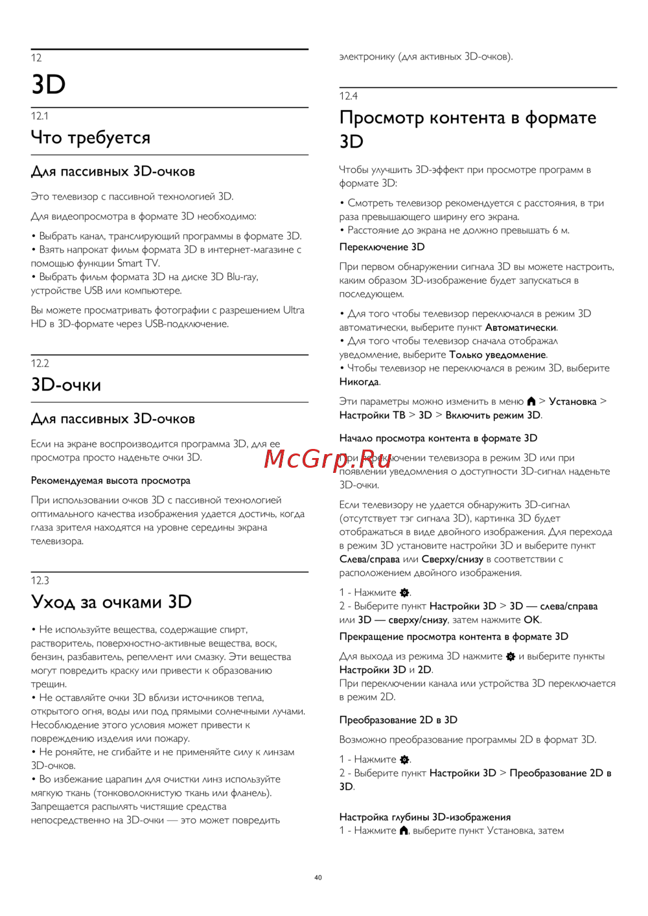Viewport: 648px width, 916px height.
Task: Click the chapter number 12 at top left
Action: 36,58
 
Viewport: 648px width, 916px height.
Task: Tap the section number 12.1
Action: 40,116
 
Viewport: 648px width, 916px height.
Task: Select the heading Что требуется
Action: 91,137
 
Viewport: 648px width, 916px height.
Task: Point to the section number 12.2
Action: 40,363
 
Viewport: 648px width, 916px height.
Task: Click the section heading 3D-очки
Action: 66,385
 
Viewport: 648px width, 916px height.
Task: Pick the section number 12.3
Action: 40,580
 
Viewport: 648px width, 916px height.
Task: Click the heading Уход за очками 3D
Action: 111,602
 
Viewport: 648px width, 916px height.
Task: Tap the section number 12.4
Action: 349,96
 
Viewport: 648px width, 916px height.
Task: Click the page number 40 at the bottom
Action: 318,878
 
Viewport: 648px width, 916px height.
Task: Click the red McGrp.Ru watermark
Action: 328,459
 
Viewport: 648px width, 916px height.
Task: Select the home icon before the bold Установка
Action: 531,402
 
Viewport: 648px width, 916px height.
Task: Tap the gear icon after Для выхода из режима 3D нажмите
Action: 511,656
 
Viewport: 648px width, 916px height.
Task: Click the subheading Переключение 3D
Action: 382,247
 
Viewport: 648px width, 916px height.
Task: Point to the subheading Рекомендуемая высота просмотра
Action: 111,481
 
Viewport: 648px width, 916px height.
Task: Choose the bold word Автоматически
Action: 520,327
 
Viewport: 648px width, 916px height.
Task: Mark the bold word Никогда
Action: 359,382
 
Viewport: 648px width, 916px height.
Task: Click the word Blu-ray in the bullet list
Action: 242,277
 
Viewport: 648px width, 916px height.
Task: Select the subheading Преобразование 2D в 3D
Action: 398,720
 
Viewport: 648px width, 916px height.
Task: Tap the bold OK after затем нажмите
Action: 531,620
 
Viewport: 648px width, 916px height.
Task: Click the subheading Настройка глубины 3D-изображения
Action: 425,817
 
